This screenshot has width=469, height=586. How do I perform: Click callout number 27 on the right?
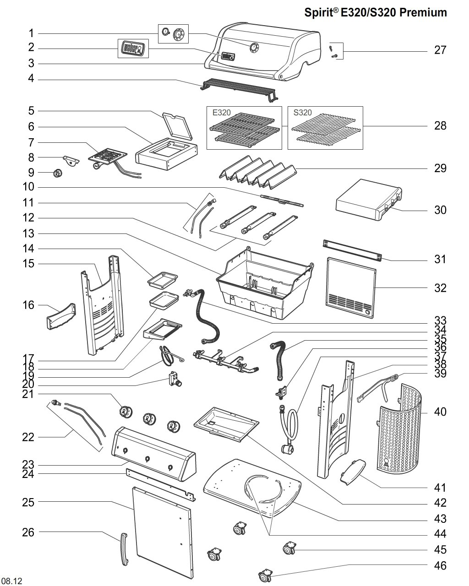click(440, 50)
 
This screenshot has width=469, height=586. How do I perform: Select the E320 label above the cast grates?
click(222, 113)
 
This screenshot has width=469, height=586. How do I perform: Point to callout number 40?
click(440, 412)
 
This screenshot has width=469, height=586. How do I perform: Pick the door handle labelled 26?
click(124, 549)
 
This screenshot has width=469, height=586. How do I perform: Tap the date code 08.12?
click(12, 581)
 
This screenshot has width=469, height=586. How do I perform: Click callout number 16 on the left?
click(28, 305)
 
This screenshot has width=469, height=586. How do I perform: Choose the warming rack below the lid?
click(238, 89)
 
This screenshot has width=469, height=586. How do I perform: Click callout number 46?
click(440, 566)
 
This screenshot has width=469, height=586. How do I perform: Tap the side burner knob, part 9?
click(58, 173)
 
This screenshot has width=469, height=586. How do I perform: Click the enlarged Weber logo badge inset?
click(133, 48)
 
